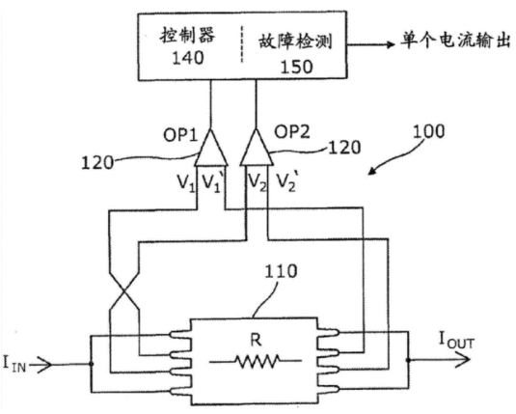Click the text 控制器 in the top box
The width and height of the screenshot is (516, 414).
coord(187,35)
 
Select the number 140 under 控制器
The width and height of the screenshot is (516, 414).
coord(188,58)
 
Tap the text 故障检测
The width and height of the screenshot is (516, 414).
coord(295,41)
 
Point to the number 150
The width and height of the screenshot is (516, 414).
coord(296,67)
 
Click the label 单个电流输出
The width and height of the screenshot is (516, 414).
coord(455,41)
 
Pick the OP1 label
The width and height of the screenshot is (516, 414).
coord(180,135)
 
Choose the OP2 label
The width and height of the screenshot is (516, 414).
coord(292,132)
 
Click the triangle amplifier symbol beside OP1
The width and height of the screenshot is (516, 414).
coord(210,148)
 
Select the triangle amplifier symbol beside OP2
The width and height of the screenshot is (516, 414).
coord(257,148)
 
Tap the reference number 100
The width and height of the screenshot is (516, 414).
coord(428,131)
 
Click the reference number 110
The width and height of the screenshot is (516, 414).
coord(281,271)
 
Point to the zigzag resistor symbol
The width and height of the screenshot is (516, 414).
coord(256,361)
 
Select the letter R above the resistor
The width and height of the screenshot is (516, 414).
coord(256,340)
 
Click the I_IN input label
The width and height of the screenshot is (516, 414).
coord(14,364)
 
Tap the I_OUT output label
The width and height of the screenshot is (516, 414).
coord(457,341)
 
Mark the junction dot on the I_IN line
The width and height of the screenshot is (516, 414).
coord(92,364)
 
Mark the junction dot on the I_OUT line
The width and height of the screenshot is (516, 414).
coord(408,360)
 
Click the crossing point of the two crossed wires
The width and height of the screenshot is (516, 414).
coord(124,291)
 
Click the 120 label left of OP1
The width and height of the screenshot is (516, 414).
coord(97,163)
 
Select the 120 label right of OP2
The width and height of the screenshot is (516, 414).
coord(344,147)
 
